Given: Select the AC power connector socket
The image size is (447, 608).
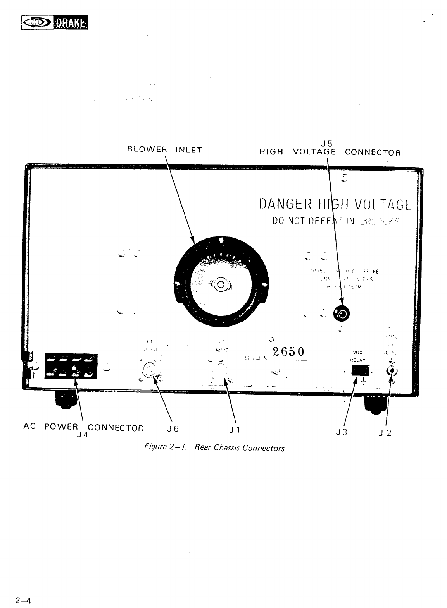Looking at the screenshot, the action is pyautogui.click(x=71, y=365).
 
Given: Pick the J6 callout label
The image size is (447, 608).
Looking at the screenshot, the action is pyautogui.click(x=173, y=429).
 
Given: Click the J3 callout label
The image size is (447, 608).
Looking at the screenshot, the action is pyautogui.click(x=342, y=432).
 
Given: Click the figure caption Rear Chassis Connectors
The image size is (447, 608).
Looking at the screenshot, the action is pyautogui.click(x=239, y=448).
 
